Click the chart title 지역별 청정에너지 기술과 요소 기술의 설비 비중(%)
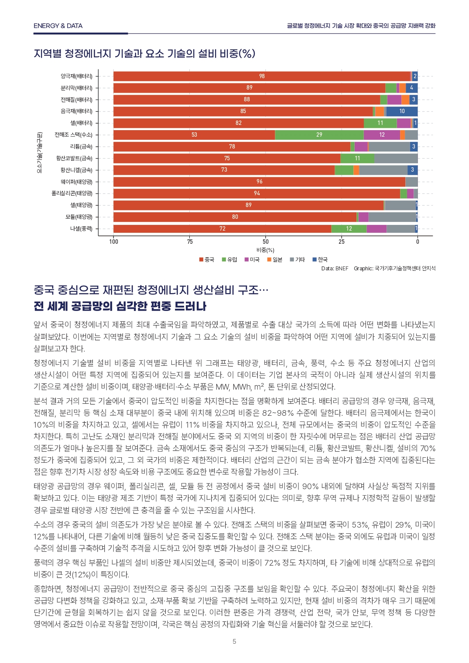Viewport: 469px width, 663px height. [x=144, y=54]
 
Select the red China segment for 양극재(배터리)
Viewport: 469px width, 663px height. [x=262, y=76]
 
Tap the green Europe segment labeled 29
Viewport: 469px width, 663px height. [x=319, y=135]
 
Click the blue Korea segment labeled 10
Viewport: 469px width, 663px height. [x=402, y=111]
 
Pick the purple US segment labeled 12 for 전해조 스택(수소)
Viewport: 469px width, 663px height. [x=382, y=135]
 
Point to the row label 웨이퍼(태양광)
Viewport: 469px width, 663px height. [x=76, y=182]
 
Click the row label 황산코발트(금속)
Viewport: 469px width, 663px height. [x=74, y=158]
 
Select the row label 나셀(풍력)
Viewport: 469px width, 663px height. [x=81, y=228]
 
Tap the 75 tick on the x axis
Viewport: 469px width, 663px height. [x=190, y=242]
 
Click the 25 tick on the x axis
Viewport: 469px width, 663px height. [x=342, y=242]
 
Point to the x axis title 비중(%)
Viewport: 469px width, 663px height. [x=265, y=250]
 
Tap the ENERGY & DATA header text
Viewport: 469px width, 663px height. [x=58, y=26]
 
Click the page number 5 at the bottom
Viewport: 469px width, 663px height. [x=234, y=641]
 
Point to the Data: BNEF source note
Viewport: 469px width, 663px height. [x=335, y=269]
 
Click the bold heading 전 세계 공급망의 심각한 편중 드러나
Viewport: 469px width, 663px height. [x=120, y=306]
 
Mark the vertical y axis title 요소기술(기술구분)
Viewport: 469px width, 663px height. [x=39, y=152]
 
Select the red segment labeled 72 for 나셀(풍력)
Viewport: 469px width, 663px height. [x=222, y=229]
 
